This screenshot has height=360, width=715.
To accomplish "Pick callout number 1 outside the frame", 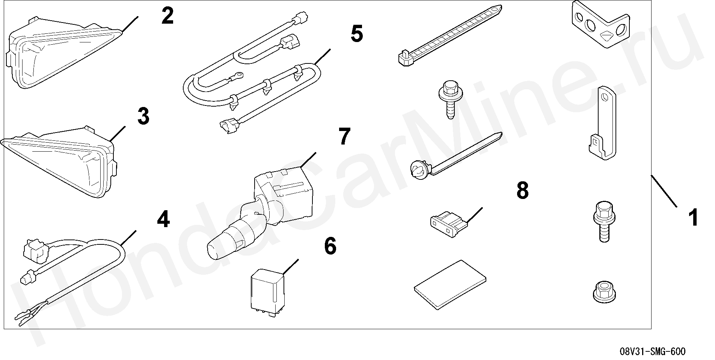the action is [693, 218].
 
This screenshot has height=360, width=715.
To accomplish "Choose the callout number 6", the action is [330, 246].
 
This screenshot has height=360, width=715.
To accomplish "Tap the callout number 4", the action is [163, 219].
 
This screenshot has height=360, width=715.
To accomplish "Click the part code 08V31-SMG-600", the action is [652, 352].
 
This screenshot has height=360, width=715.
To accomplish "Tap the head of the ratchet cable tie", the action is [406, 58].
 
